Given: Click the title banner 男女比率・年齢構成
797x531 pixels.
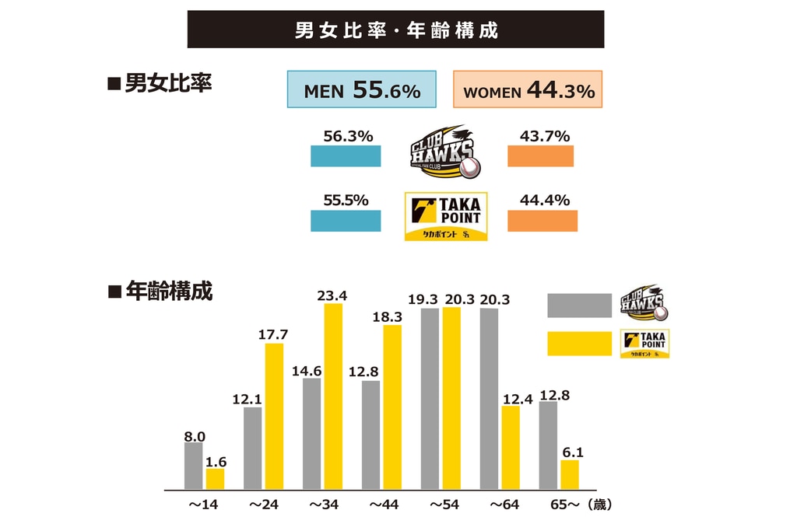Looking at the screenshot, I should pos(395,30).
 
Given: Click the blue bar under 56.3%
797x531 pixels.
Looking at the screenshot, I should pos(346,155).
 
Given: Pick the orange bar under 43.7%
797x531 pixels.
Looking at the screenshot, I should pos(540,155).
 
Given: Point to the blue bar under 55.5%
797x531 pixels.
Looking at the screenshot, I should pos(346,220).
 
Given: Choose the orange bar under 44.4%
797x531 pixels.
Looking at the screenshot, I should pos(542,220).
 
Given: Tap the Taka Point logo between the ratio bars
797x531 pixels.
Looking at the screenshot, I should pos(446,216).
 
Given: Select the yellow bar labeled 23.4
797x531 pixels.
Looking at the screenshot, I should pos(333,397).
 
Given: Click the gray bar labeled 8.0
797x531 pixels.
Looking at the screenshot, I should pos(194,466).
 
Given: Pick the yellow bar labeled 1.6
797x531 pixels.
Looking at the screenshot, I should pos(215,479).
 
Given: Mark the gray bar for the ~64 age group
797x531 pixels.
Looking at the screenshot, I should pos(489,399).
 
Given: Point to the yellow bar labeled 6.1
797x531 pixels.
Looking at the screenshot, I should pos(570,474).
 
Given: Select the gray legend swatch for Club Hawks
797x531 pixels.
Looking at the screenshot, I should pos(579,305).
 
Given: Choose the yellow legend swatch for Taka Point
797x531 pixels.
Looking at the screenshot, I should pos(579,343).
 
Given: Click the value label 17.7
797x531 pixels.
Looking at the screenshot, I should pos(273,335).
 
